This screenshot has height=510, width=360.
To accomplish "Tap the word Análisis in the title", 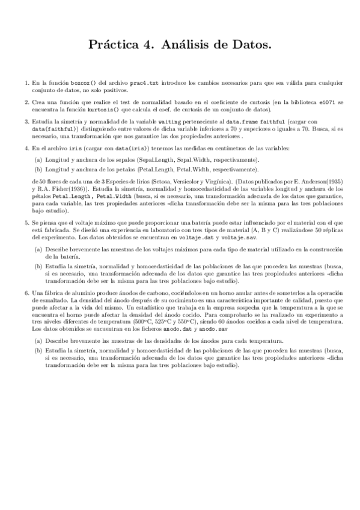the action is pos(188,45).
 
